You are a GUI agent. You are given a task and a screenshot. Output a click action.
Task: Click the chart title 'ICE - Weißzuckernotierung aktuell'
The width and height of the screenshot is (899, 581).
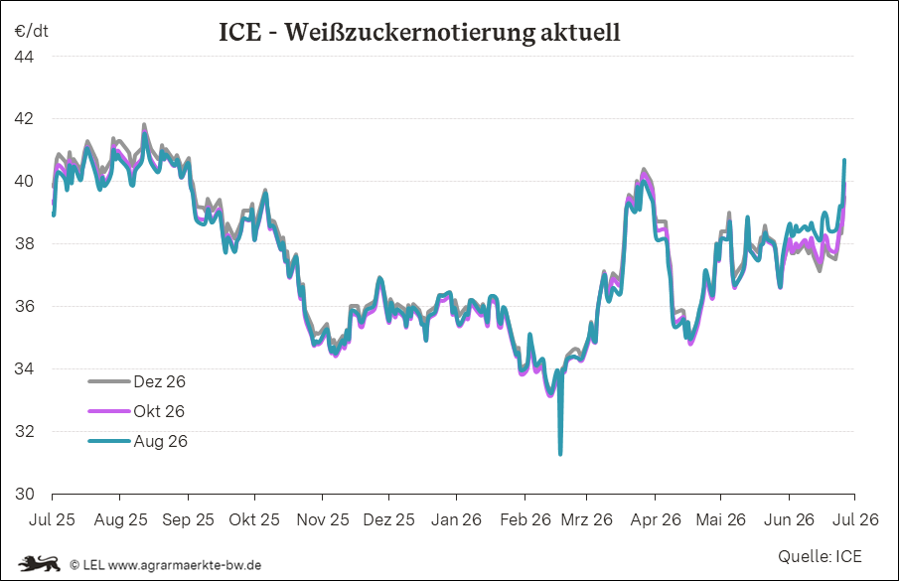click(x=419, y=32)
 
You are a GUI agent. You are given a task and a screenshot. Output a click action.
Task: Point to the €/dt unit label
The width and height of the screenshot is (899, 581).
click(x=32, y=31)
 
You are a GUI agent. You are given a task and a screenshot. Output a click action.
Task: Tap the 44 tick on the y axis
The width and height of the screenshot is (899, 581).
click(x=24, y=57)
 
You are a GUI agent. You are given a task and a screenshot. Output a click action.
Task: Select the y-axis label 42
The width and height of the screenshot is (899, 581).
click(x=24, y=119)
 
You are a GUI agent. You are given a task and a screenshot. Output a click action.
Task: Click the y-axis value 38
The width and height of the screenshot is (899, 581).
click(x=24, y=244)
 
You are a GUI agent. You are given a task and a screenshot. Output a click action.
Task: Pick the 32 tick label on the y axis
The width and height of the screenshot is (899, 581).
click(x=24, y=431)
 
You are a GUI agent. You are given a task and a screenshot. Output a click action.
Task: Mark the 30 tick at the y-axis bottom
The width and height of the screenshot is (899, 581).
click(x=24, y=494)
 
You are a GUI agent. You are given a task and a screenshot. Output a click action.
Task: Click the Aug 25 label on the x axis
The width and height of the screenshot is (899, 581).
click(x=120, y=520)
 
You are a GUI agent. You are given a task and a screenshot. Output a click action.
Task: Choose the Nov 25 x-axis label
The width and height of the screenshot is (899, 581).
click(x=323, y=519)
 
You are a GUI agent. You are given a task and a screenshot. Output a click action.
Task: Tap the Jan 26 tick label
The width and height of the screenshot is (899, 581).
click(x=456, y=519)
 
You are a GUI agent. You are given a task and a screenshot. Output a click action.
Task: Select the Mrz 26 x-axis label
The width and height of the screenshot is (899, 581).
click(x=586, y=519)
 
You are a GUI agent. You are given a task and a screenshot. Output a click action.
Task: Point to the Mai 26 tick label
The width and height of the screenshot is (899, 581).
click(x=721, y=519)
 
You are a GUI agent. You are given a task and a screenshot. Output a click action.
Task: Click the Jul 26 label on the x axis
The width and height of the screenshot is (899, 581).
click(x=855, y=519)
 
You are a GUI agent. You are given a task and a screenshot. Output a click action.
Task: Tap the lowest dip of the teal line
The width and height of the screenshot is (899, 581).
click(x=560, y=454)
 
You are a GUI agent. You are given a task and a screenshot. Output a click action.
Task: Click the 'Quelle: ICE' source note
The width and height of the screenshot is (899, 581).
click(x=820, y=556)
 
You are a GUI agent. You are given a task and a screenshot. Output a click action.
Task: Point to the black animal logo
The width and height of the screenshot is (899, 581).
click(x=39, y=564)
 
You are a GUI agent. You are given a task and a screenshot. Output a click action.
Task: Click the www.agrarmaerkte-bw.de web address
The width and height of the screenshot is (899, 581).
click(x=185, y=565)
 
